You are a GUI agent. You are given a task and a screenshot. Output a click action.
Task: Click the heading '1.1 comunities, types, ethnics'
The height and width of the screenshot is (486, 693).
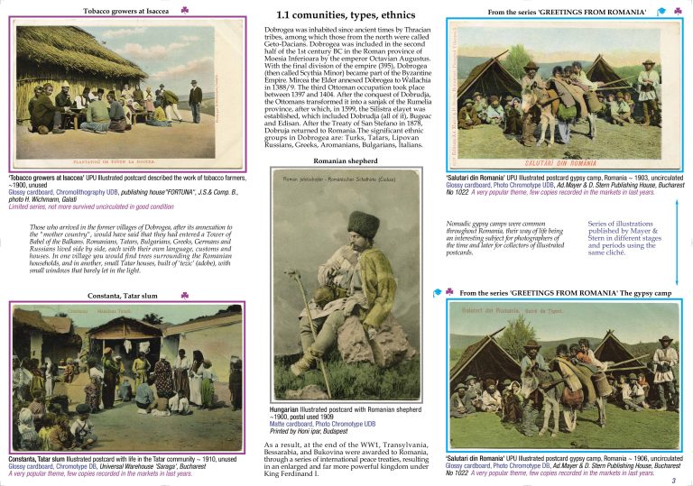tap(345, 14)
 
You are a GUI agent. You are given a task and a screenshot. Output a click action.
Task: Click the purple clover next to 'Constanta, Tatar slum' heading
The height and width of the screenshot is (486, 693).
tap(183, 295)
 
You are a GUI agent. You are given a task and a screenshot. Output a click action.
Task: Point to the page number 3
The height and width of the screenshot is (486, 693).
tap(685, 480)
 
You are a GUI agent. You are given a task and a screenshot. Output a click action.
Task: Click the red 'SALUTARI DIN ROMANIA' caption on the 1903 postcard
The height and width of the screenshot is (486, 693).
tap(567, 163)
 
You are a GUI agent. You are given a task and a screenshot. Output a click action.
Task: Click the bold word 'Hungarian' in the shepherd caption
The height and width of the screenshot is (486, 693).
tap(286, 409)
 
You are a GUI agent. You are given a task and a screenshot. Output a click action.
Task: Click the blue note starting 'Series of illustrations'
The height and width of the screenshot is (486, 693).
tap(622, 238)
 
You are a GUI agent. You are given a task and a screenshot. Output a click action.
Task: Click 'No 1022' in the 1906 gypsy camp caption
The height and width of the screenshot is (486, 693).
tap(459, 472)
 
